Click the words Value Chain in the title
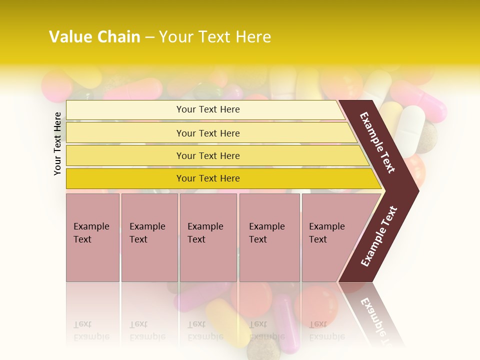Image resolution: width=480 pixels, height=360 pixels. point(94,37)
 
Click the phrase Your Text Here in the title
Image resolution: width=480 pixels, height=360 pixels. point(215,37)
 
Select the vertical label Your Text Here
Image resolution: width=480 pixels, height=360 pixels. point(57,143)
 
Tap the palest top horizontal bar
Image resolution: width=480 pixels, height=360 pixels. point(207,109)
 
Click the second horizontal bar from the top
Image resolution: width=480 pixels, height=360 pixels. point(207,133)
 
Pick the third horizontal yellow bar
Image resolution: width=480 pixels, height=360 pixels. point(207,155)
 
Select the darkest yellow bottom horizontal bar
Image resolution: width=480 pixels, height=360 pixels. point(207,178)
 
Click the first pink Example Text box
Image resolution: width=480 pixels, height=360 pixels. point(92,237)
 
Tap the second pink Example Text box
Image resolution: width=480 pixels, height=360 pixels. point(149,237)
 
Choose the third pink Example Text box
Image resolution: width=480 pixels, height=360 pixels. point(207,237)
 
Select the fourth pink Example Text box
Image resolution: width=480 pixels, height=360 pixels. point(269,237)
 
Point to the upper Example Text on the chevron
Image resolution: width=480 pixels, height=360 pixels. point(377,143)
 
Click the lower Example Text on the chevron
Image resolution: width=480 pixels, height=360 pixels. point(378,236)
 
